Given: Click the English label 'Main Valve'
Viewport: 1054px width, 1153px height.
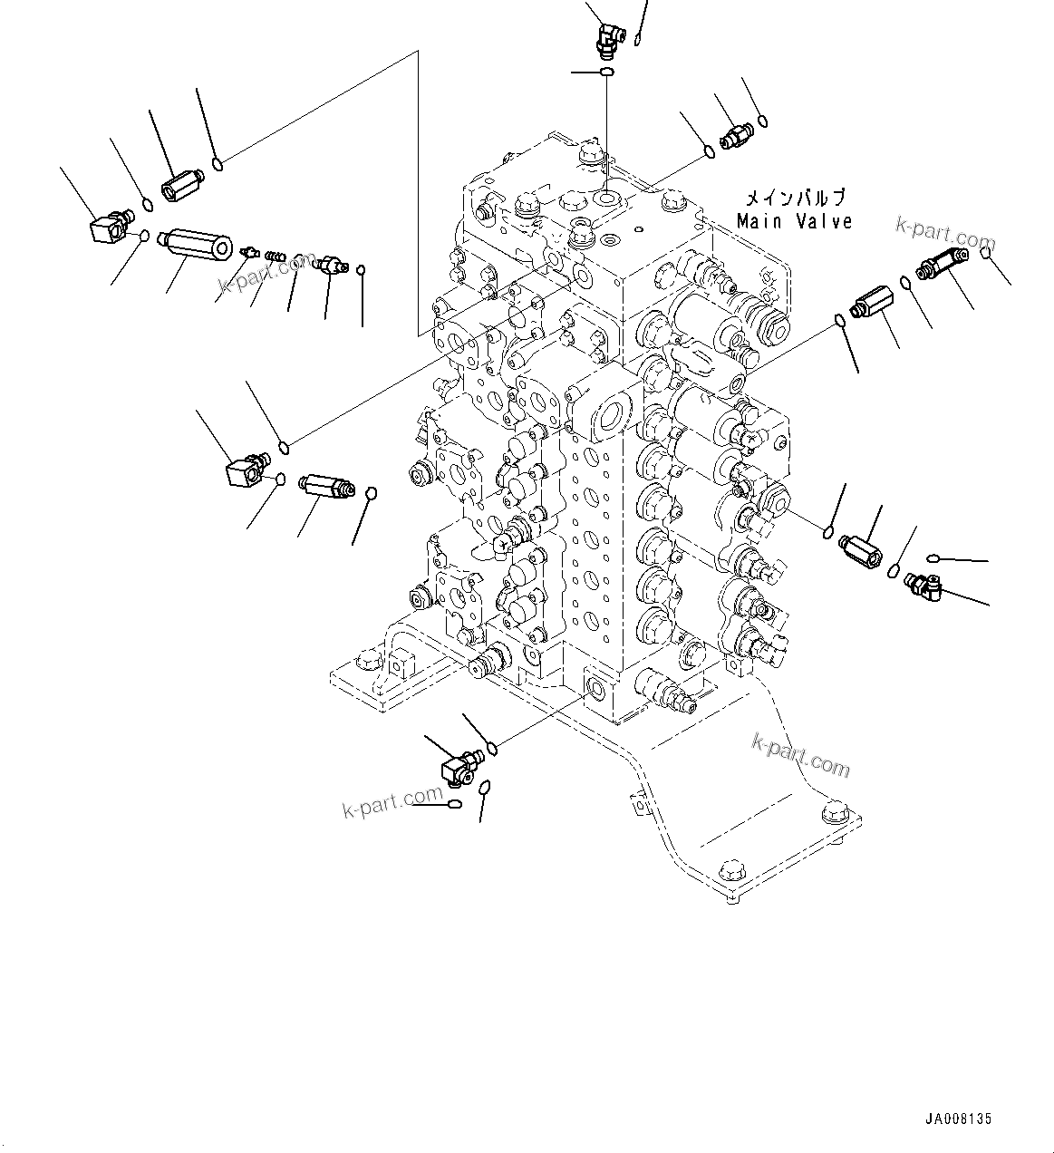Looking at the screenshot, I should click(794, 221).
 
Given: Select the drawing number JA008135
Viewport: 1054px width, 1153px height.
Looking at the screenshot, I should click(958, 1119).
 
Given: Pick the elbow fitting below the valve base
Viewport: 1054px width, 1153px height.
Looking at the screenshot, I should click(455, 767).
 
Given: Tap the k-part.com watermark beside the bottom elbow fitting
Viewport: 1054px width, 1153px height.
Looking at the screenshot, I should click(392, 801).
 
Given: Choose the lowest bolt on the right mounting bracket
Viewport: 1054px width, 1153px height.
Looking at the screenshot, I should click(730, 876).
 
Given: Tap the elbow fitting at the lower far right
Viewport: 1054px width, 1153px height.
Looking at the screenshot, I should click(924, 587).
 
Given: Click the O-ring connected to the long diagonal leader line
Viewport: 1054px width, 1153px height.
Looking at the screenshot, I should click(218, 163).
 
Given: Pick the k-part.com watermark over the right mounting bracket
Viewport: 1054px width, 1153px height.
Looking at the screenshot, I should click(801, 755).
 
